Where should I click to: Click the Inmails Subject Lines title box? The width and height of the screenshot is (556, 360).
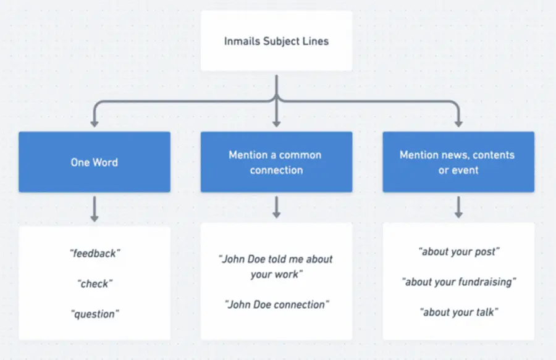pyautogui.click(x=276, y=41)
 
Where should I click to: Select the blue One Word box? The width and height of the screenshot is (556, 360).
pyautogui.click(x=94, y=162)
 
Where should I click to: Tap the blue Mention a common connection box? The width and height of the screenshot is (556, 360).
pyautogui.click(x=276, y=162)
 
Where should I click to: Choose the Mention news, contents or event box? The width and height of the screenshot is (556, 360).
pyautogui.click(x=458, y=162)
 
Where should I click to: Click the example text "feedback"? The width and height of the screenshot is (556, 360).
pyautogui.click(x=95, y=253)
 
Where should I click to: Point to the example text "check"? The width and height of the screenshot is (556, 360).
pyautogui.click(x=95, y=283)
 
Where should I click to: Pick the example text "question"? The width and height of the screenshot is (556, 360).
pyautogui.click(x=95, y=314)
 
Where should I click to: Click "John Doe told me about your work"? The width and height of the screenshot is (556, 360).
pyautogui.click(x=276, y=266)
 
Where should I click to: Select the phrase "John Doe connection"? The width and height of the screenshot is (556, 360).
pyautogui.click(x=276, y=304)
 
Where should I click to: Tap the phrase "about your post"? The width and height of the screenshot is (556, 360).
pyautogui.click(x=458, y=251)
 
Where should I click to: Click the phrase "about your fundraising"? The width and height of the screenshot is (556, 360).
pyautogui.click(x=458, y=282)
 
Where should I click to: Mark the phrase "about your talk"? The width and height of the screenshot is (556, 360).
pyautogui.click(x=458, y=312)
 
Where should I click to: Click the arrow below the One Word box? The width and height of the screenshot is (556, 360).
pyautogui.click(x=95, y=209)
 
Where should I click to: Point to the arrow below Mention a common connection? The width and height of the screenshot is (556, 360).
pyautogui.click(x=276, y=207)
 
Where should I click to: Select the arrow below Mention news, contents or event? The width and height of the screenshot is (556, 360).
pyautogui.click(x=458, y=207)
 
